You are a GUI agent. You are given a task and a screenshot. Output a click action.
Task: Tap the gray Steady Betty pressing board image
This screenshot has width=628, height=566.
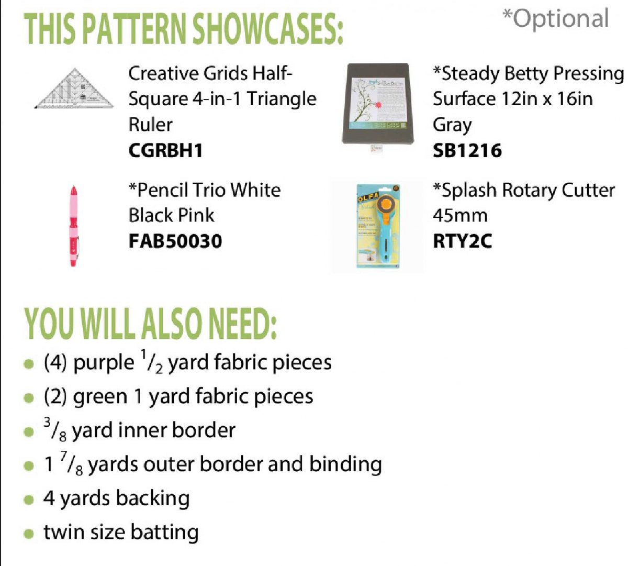(x=378, y=104)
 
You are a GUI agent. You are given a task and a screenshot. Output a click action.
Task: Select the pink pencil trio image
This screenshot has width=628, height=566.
(x=73, y=225)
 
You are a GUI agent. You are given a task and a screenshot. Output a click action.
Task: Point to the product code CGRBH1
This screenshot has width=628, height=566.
(x=165, y=151)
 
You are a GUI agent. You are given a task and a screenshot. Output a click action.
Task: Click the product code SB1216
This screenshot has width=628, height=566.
(x=467, y=151)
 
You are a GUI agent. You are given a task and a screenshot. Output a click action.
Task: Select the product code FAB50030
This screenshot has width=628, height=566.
(x=175, y=241)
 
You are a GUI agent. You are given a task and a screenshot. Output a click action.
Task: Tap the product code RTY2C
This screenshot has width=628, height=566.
(x=462, y=241)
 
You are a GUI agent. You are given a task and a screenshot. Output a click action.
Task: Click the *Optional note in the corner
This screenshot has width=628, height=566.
(x=555, y=19)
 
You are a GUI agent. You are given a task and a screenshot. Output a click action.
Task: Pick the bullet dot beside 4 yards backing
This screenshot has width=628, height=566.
(x=29, y=500)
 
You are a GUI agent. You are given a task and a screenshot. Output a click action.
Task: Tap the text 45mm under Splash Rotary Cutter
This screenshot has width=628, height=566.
(x=460, y=216)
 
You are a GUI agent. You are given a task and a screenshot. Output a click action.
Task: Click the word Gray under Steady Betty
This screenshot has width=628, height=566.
(x=452, y=125)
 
